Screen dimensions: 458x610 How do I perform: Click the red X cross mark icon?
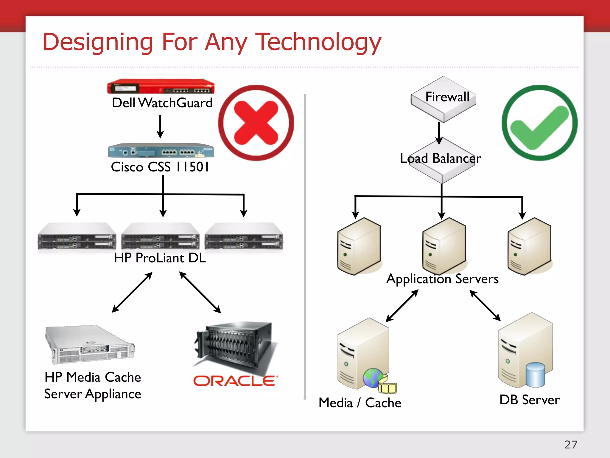pyautogui.click(x=256, y=123)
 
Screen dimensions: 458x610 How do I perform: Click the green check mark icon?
pyautogui.click(x=539, y=123)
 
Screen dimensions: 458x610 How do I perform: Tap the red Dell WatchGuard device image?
pyautogui.click(x=161, y=87)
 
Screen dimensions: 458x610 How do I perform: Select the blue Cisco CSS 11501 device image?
pyautogui.click(x=161, y=151)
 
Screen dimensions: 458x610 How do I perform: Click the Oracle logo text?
pyautogui.click(x=235, y=381)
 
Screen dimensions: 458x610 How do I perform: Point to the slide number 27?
pyautogui.click(x=571, y=445)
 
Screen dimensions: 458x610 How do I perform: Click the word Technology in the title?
pyautogui.click(x=318, y=42)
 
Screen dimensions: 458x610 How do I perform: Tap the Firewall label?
pyautogui.click(x=447, y=97)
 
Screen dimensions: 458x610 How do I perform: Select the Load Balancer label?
pyautogui.click(x=441, y=158)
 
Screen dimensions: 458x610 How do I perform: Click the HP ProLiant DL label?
pyautogui.click(x=160, y=258)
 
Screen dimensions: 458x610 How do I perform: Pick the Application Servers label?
pyautogui.click(x=442, y=279)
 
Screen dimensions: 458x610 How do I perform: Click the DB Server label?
pyautogui.click(x=530, y=400)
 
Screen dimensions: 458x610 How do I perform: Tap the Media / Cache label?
pyautogui.click(x=360, y=403)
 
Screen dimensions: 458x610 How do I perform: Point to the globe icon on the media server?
pyautogui.click(x=372, y=377)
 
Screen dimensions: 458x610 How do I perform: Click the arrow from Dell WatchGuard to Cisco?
pyautogui.click(x=160, y=126)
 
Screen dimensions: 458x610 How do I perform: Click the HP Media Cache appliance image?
pyautogui.click(x=89, y=344)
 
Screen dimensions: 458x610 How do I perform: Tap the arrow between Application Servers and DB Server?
pyautogui.click(x=485, y=305)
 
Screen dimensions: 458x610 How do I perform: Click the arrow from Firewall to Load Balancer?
pyautogui.click(x=439, y=133)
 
